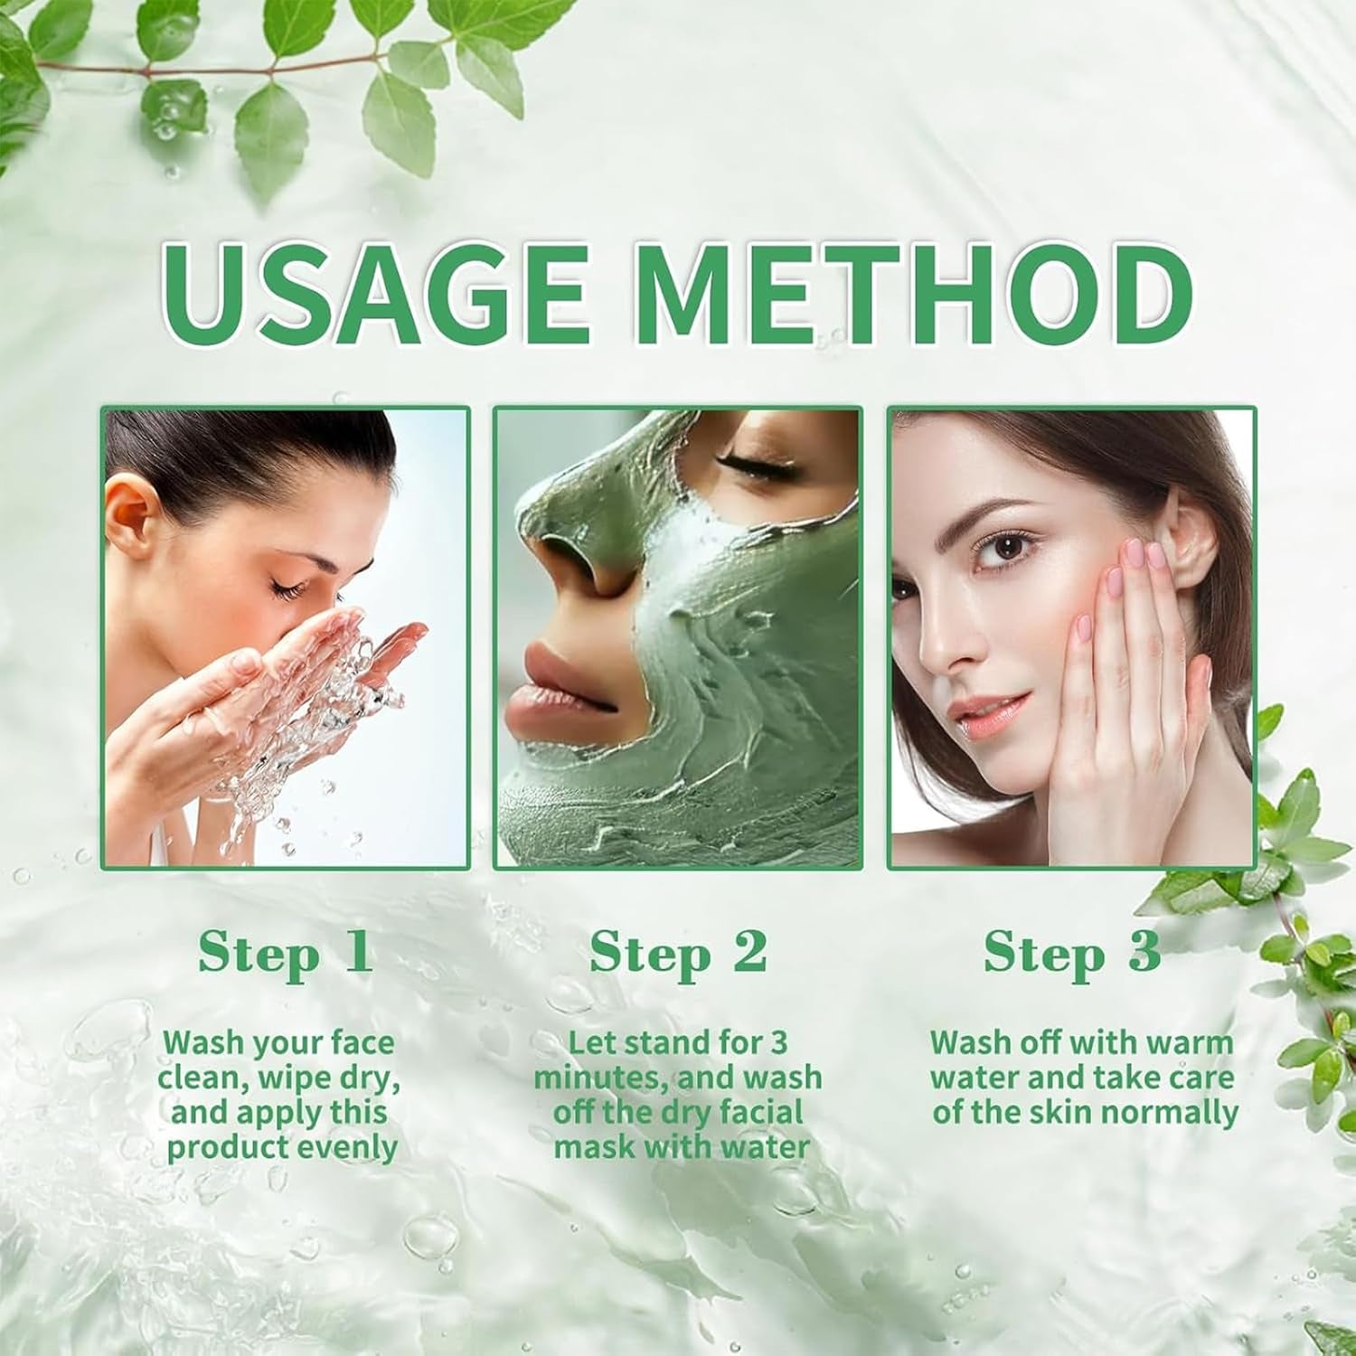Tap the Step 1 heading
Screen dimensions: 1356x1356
(285, 953)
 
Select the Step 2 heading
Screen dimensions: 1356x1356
(678, 953)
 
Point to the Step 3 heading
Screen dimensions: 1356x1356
(1072, 953)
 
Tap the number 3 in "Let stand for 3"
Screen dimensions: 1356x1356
(778, 1042)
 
